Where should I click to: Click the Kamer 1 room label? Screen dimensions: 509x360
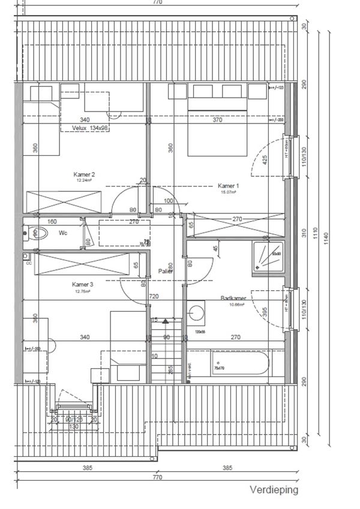pyautogui.click(x=227, y=186)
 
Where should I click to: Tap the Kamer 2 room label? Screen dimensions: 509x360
pyautogui.click(x=85, y=174)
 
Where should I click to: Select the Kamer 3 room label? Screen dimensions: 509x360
pyautogui.click(x=82, y=285)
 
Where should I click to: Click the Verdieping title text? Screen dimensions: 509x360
pyautogui.click(x=274, y=490)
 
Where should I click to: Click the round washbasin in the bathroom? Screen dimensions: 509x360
pyautogui.click(x=196, y=313)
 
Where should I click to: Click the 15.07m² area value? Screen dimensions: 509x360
pyautogui.click(x=227, y=192)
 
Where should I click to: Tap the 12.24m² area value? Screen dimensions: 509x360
pyautogui.click(x=85, y=180)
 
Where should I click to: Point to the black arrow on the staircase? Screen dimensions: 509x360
pyautogui.click(x=165, y=322)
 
